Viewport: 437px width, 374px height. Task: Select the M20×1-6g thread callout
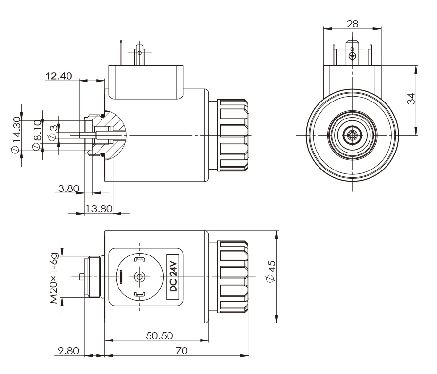pos(56,277)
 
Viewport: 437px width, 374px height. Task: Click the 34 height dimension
pos(411,100)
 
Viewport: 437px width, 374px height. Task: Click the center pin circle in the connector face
pos(140,277)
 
